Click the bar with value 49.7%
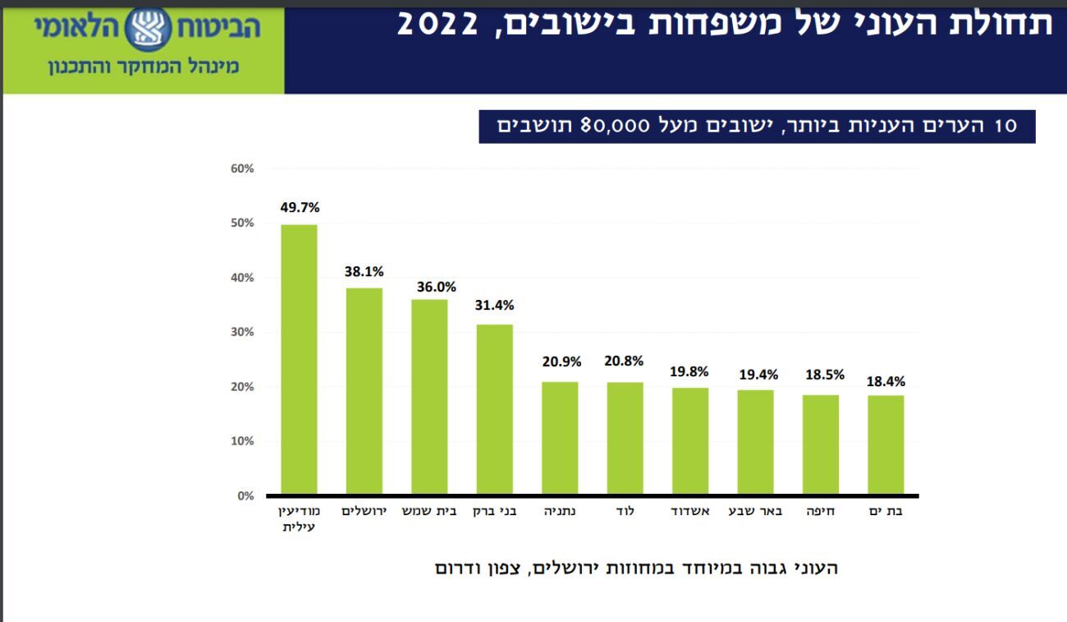(x=299, y=359)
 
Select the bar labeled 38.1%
(x=364, y=391)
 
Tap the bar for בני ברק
(x=494, y=409)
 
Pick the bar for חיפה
(x=820, y=445)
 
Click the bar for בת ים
(x=886, y=445)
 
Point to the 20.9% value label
(x=561, y=362)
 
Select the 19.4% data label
(x=758, y=375)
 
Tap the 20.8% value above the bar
(x=625, y=362)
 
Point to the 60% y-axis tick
(x=242, y=168)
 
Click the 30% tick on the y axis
(x=242, y=332)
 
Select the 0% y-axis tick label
(x=245, y=495)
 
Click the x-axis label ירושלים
(x=364, y=512)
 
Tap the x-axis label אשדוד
(x=689, y=512)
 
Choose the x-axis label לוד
(x=625, y=512)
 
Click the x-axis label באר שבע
(x=755, y=512)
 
